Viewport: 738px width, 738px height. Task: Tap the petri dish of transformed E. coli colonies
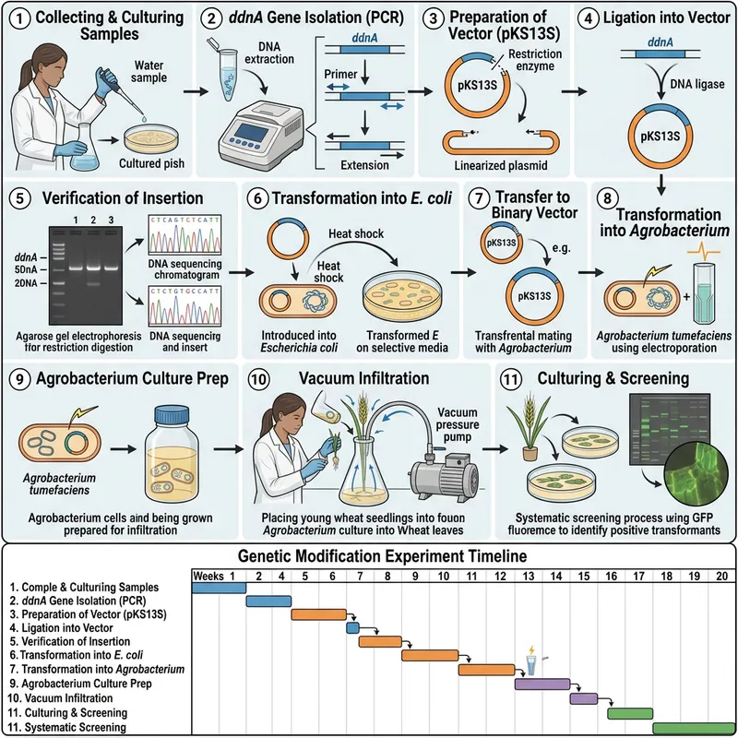pos(402,276)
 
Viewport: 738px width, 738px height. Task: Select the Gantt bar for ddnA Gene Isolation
pos(268,601)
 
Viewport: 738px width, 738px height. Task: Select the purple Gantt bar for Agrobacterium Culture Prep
pos(542,684)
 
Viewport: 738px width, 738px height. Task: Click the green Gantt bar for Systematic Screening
pos(693,727)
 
